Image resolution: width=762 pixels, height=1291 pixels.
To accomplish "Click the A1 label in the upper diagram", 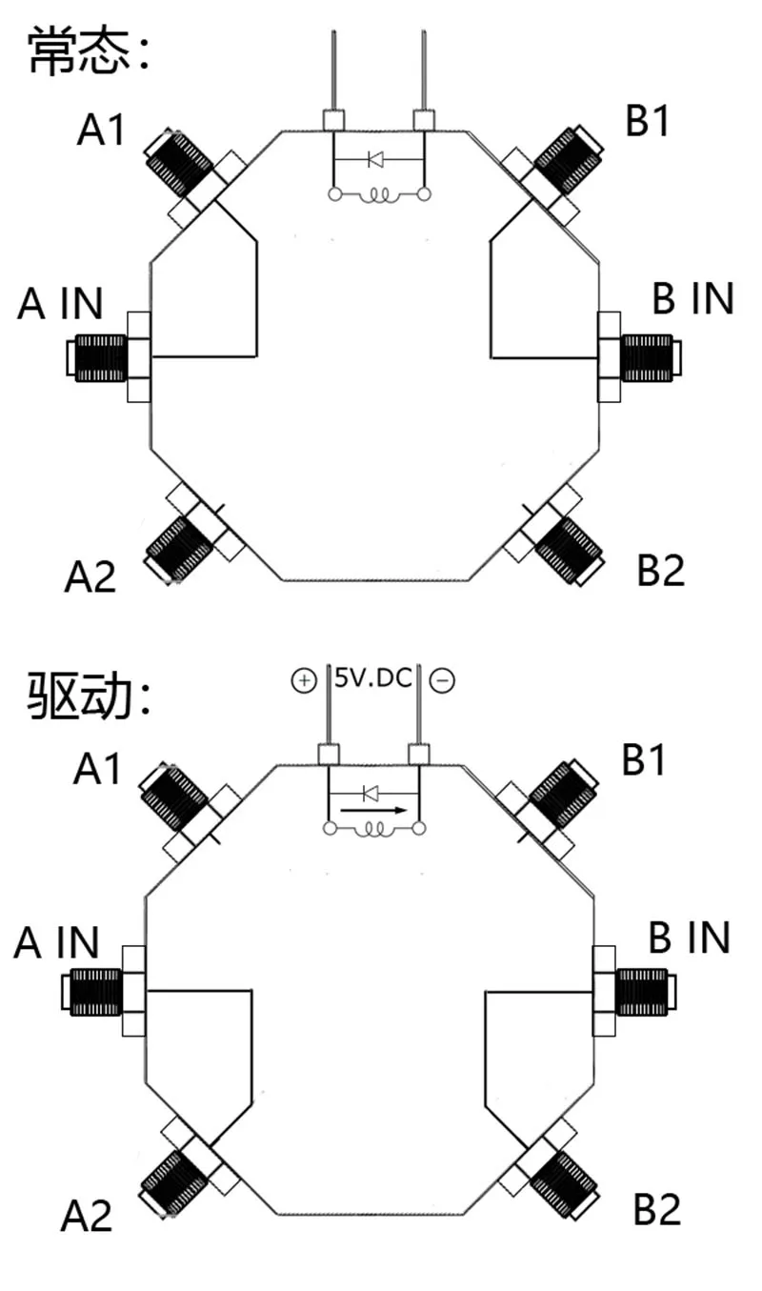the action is pos(101,130).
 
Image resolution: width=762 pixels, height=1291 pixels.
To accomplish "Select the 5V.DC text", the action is pos(373,678).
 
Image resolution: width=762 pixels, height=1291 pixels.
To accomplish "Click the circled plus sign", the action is pos(304,680).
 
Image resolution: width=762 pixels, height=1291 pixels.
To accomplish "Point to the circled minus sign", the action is pos(442,680).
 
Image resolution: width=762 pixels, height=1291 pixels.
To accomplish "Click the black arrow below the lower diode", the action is pos(373,811).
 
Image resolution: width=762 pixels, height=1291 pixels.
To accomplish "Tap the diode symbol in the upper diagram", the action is pos(375,159).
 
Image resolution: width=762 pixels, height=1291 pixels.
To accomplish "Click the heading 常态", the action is pos(79,50).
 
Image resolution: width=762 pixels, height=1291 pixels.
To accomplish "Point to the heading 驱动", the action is pos(79,696).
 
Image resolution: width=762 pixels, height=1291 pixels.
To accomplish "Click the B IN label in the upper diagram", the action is pos(692,298).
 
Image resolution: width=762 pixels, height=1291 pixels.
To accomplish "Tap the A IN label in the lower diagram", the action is pos(56,943).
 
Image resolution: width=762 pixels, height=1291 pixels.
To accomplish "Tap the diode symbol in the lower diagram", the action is pos(371,795).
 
